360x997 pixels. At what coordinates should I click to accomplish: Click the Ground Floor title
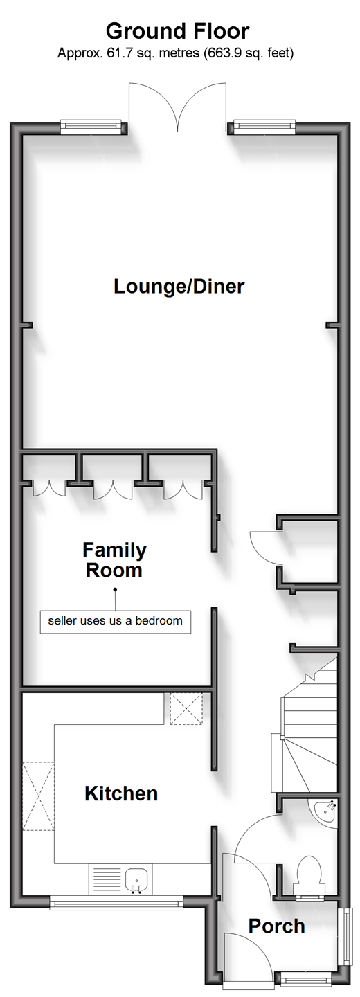177,32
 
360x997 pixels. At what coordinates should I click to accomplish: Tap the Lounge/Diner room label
179,286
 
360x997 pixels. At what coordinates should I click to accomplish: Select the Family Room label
114,560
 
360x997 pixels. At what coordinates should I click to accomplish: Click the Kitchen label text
121,793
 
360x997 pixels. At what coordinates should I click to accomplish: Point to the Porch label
276,926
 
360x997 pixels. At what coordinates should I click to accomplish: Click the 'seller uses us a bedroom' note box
115,621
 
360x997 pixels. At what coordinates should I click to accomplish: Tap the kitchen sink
136,881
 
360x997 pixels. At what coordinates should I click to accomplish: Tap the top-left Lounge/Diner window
91,127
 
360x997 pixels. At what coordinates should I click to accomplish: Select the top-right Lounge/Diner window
264,127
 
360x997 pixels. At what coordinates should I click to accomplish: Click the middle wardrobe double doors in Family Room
113,489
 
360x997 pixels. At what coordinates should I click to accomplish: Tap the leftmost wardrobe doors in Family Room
49,489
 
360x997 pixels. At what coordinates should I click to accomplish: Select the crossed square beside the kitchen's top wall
186,708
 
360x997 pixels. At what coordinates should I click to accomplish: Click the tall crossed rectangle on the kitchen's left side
38,791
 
